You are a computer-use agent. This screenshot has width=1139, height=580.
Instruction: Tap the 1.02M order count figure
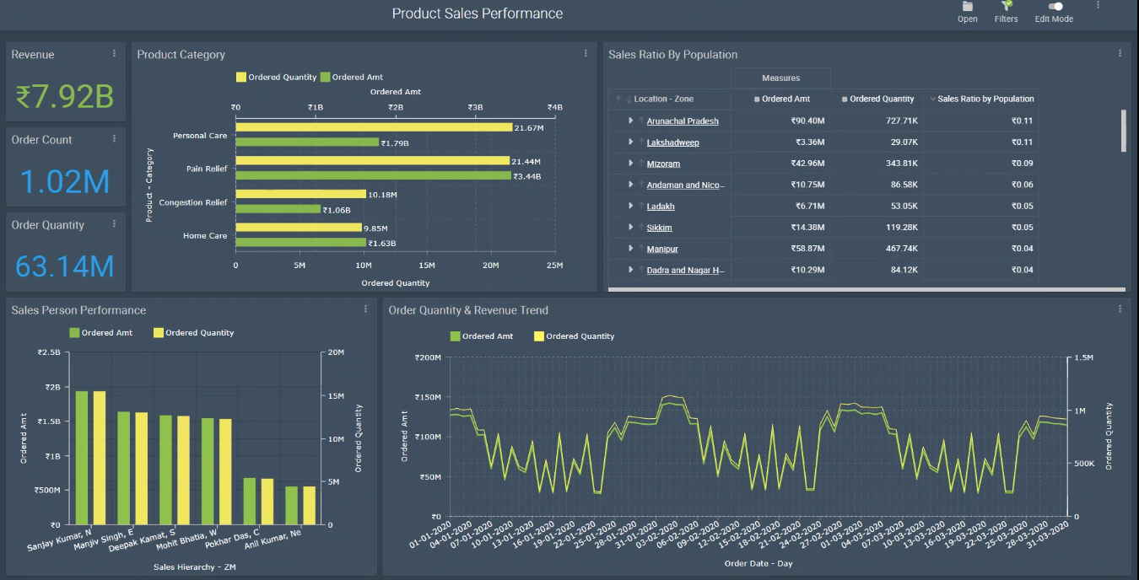65,182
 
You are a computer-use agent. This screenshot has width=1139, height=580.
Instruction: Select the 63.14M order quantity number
65,266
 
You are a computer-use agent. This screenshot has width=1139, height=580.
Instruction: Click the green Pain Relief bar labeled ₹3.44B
373,176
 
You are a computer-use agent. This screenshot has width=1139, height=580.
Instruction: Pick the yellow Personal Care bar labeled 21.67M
374,127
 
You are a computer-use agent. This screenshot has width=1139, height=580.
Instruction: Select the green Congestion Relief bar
278,209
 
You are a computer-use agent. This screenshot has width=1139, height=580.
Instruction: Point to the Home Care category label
205,236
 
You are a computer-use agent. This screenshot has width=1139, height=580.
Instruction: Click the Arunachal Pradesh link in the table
683,121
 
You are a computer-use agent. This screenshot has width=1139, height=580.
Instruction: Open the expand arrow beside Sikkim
631,228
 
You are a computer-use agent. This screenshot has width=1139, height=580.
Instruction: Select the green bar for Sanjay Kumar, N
82,457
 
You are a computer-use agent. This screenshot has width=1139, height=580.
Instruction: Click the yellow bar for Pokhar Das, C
267,501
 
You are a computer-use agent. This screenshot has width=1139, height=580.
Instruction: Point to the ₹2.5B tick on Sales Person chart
49,352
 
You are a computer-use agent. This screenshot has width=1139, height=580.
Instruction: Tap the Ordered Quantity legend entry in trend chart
574,336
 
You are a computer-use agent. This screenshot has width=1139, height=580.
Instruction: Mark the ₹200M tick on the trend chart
427,357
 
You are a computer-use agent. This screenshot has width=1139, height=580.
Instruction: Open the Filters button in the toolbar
1006,12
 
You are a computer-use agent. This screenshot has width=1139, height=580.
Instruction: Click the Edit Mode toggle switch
1055,7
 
